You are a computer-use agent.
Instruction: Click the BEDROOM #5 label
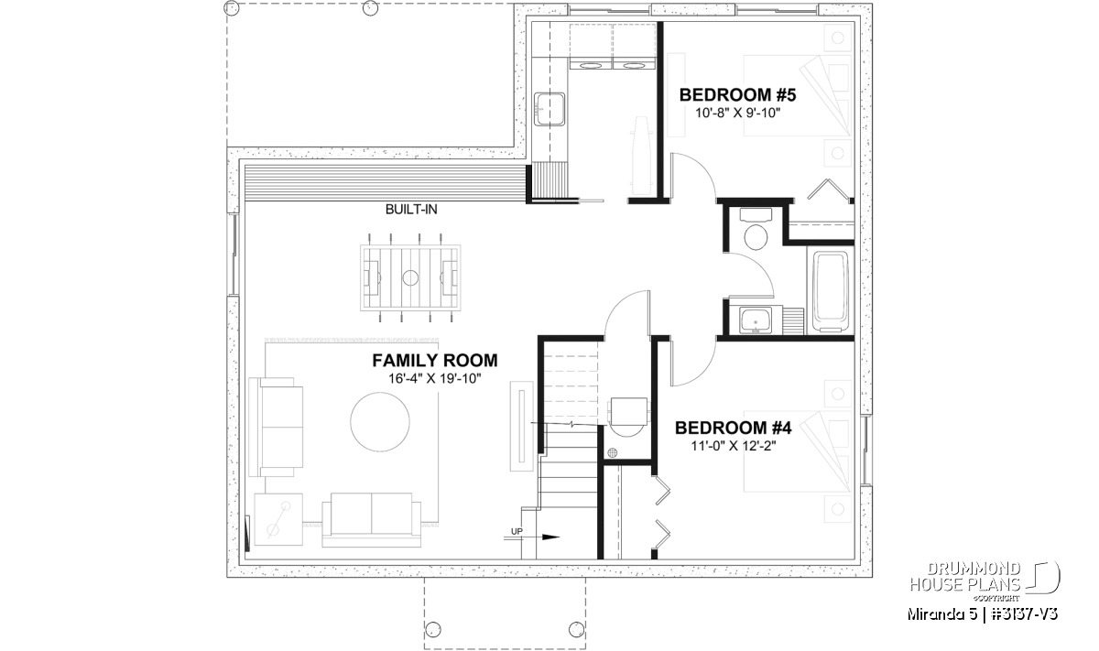click(x=737, y=94)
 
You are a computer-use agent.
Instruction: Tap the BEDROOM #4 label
click(x=733, y=428)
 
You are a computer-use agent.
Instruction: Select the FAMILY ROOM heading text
click(x=435, y=361)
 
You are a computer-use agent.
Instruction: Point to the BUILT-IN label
click(x=411, y=210)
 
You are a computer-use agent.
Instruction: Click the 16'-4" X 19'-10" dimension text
click(x=435, y=379)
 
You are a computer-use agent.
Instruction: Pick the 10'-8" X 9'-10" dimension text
click(x=737, y=114)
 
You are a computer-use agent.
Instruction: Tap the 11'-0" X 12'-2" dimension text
click(x=733, y=447)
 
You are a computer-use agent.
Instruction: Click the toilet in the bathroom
click(x=756, y=230)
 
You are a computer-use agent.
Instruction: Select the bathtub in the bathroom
click(x=830, y=291)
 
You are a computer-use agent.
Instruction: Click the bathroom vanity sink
click(x=755, y=320)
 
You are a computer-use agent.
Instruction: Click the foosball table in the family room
click(x=410, y=277)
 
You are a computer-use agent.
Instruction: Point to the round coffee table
click(x=380, y=422)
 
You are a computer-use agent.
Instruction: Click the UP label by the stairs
click(x=517, y=531)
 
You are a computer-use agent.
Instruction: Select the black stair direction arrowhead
click(x=551, y=537)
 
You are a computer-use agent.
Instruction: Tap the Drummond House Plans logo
click(x=985, y=581)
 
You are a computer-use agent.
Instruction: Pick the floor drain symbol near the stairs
click(x=612, y=452)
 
